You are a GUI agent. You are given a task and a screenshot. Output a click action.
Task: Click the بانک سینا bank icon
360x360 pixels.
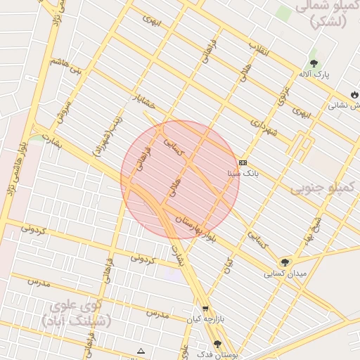click(243, 162)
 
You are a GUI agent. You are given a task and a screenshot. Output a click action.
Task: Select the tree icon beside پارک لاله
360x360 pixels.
click(314, 63)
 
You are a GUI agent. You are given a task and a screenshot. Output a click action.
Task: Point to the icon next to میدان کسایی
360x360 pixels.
click(285, 262)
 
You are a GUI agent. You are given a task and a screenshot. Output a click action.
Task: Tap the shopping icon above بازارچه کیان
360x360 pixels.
click(205, 308)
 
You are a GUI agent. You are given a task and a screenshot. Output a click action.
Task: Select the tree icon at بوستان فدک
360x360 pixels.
click(217, 344)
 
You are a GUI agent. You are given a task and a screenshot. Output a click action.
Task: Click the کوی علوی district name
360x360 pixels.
click(76, 312)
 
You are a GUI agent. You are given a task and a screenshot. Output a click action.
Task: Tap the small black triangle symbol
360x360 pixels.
click(141, 350)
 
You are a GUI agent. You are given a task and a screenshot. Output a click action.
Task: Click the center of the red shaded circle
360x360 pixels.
click(180, 179)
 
